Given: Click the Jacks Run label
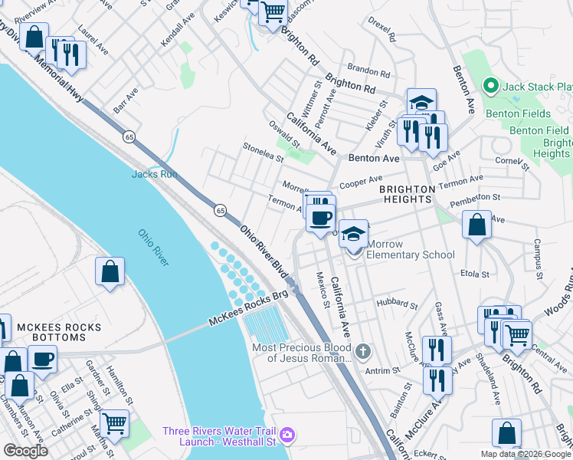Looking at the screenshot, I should (154, 174).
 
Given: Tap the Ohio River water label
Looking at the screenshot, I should (153, 248).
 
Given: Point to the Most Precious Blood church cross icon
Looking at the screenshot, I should (364, 352).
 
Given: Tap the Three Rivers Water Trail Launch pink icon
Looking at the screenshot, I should (286, 435).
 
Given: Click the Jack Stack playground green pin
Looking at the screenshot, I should (492, 87).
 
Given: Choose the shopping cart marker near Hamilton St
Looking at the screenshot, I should (114, 422).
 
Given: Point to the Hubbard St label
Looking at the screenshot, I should (397, 304).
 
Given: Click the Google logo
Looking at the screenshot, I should (25, 451).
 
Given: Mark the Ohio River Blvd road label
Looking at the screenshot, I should (263, 251).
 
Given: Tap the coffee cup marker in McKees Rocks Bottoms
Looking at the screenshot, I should (43, 359).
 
